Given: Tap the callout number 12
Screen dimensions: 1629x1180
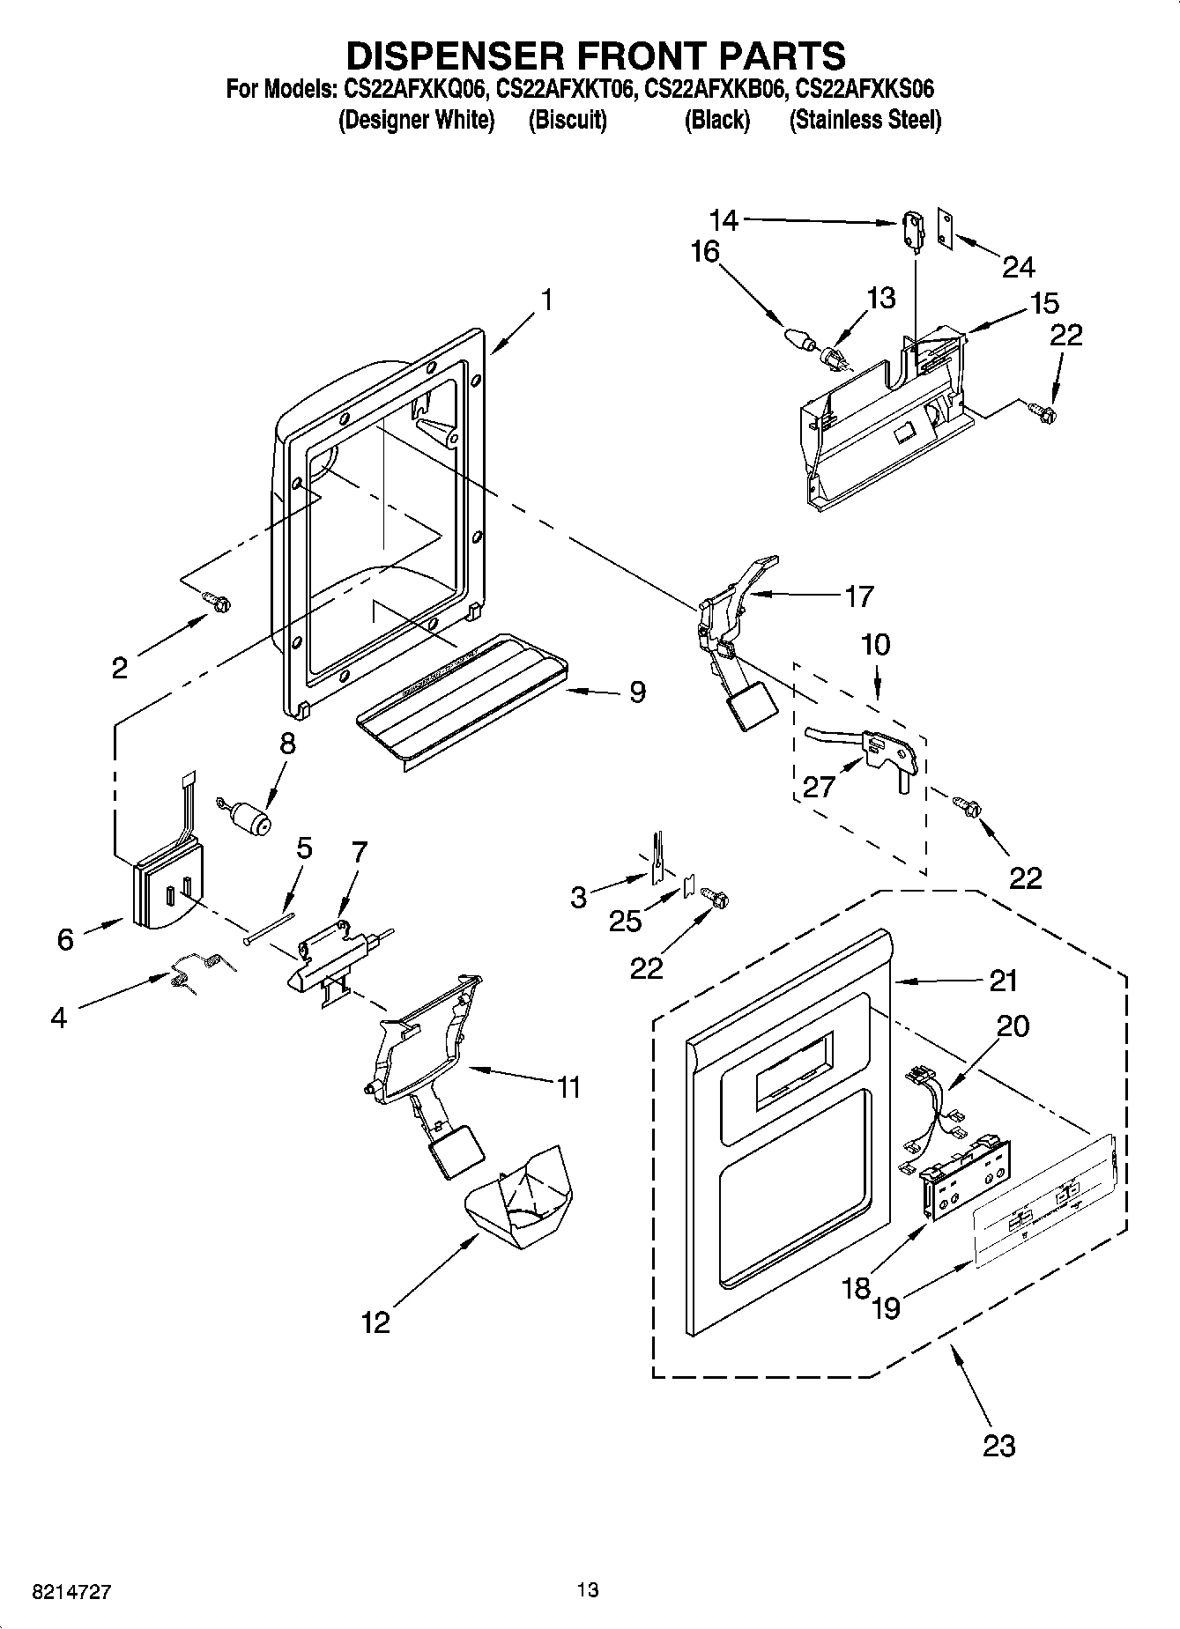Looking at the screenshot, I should pyautogui.click(x=375, y=1322).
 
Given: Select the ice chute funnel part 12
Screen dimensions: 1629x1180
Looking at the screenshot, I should pyautogui.click(x=520, y=1198).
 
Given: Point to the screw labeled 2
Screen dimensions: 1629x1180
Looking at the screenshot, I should pyautogui.click(x=216, y=601).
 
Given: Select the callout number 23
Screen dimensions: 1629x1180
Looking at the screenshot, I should pyautogui.click(x=999, y=1446).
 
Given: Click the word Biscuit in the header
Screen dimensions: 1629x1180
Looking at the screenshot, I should pyautogui.click(x=568, y=121).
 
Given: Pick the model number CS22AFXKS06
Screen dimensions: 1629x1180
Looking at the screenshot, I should pyautogui.click(x=865, y=89).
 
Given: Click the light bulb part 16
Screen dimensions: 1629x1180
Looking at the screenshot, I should pyautogui.click(x=797, y=337).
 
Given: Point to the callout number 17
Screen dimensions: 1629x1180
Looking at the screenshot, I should pyautogui.click(x=858, y=596).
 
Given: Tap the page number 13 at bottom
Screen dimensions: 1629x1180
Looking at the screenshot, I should pyautogui.click(x=588, y=1589).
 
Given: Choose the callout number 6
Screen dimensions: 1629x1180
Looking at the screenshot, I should pyautogui.click(x=65, y=939).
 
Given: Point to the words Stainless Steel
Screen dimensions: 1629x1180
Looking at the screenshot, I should pyautogui.click(x=865, y=121).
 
